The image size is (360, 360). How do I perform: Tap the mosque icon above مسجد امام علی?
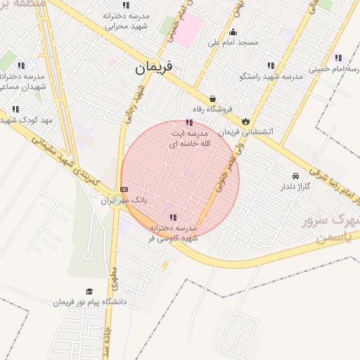(233, 32)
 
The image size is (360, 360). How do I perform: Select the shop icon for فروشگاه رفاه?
(212, 99)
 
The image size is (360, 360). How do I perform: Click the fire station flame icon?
(245, 121)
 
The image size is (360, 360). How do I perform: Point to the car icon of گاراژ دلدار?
(295, 175)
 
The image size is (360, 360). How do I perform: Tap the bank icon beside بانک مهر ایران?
(124, 188)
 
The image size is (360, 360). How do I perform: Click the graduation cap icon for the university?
(89, 291)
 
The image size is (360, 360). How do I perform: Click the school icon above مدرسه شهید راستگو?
(271, 65)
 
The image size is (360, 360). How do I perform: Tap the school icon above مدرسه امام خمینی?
(338, 58)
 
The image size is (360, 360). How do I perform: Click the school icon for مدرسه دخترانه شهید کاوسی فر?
(174, 217)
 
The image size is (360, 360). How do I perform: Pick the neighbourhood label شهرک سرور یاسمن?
(326, 229)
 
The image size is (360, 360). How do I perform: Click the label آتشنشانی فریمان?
(267, 131)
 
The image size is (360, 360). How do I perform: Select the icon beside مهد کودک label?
(15, 109)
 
